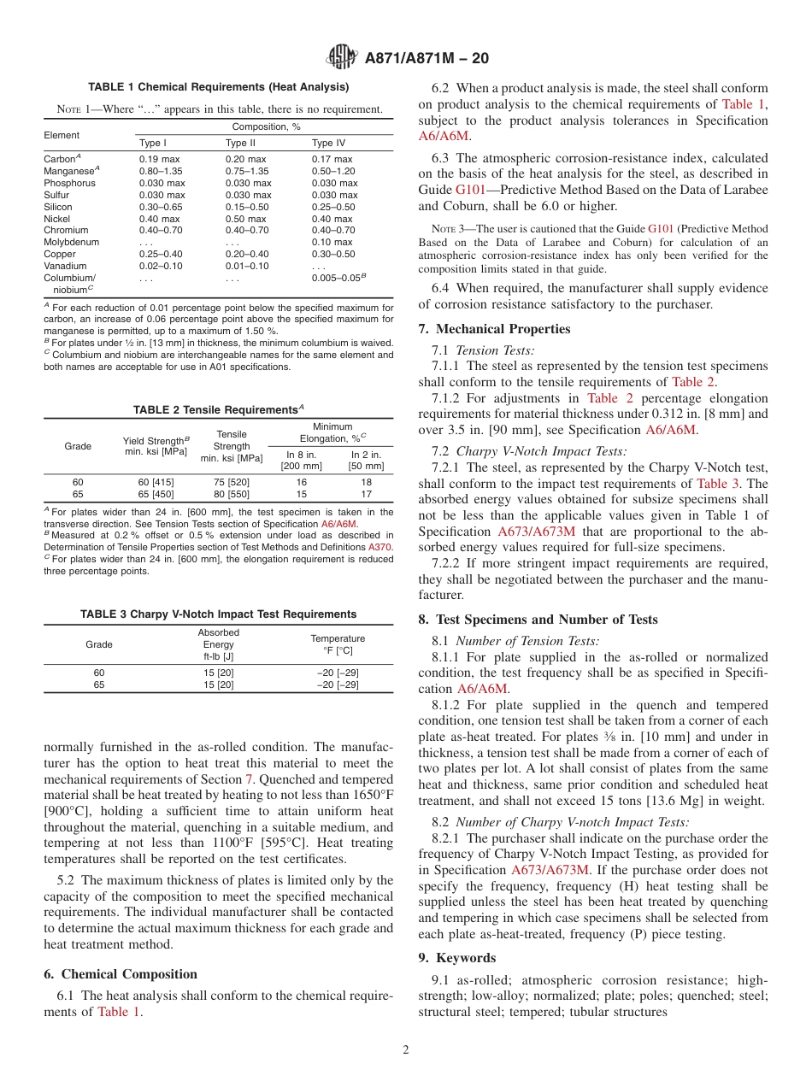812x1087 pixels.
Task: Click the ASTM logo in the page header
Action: pos(342,58)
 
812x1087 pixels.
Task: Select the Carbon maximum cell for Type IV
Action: pos(332,159)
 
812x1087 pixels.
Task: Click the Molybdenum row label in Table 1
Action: pos(71,243)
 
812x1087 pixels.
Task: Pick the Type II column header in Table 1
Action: pos(240,143)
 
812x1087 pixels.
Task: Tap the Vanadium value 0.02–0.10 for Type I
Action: pos(161,267)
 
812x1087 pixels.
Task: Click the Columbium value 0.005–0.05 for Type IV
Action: pos(339,279)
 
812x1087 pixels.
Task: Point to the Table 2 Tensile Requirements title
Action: pos(218,409)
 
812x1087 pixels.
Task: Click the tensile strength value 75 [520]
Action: pos(231,482)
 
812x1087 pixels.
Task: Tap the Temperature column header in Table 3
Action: pos(337,644)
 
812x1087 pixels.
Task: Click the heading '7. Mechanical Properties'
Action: pos(494,329)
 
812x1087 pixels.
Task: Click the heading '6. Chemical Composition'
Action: pos(120,974)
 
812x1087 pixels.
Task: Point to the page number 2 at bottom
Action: pos(406,1050)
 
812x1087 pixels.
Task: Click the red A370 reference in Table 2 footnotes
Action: pos(380,546)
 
